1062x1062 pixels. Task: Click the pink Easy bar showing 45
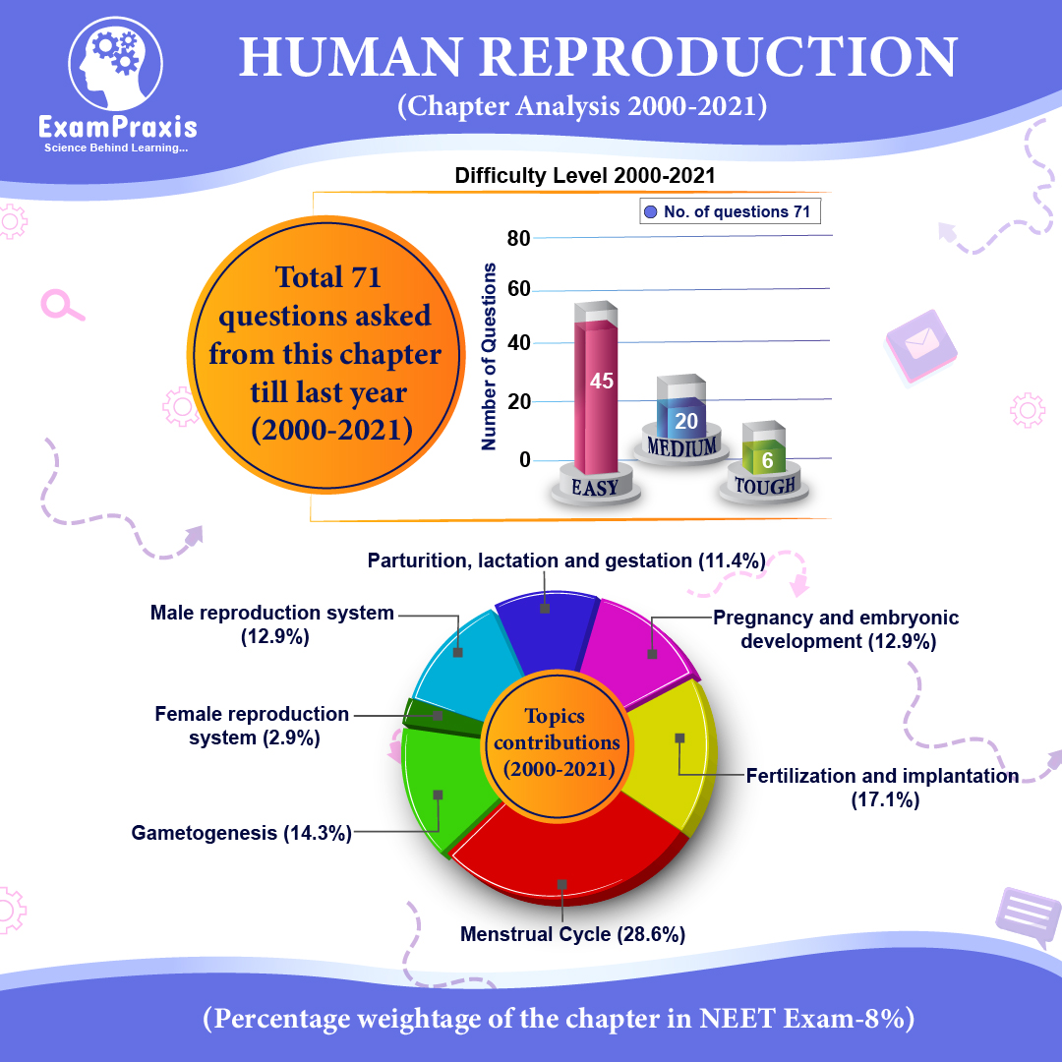coord(596,396)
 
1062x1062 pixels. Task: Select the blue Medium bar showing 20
coord(681,418)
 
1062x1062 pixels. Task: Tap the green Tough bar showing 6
coord(764,457)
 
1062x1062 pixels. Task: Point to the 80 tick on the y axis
coord(519,238)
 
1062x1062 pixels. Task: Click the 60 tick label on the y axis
coord(519,289)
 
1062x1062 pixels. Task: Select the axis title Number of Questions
coord(489,356)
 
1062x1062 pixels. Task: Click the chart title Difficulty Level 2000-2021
coord(585,175)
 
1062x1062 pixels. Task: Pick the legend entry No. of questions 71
coord(730,211)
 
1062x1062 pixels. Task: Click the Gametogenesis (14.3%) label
coord(242,833)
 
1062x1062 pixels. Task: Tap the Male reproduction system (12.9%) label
coord(272,624)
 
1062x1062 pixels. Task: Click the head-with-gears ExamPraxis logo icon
coord(116,64)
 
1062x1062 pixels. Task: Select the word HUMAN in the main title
coord(351,57)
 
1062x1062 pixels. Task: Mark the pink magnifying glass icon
coord(62,306)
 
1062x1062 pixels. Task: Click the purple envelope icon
coord(921,345)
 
